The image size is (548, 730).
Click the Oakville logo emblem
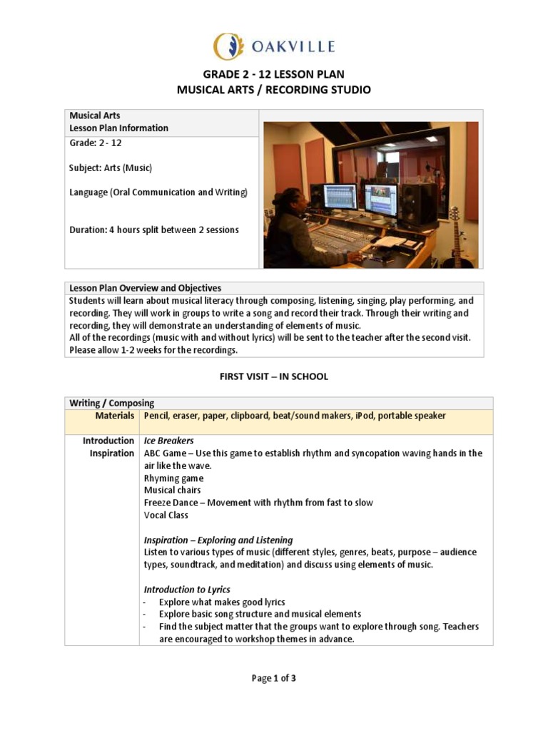click(x=229, y=46)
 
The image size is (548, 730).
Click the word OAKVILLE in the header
click(x=292, y=47)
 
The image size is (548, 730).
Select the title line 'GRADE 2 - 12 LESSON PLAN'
click(x=274, y=74)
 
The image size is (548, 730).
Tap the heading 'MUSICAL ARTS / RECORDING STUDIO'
click(x=274, y=89)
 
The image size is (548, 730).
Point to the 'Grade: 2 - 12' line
click(x=96, y=143)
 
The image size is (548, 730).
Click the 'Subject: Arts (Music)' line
click(x=111, y=168)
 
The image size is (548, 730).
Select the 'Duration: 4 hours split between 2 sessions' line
click(x=154, y=230)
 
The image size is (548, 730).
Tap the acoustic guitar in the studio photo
click(x=456, y=239)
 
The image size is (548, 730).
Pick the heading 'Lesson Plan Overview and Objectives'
click(x=146, y=288)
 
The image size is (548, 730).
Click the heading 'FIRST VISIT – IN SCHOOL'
click(x=274, y=376)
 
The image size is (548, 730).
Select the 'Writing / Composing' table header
click(x=111, y=403)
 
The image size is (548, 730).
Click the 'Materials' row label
click(x=115, y=416)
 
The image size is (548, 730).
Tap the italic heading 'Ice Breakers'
click(x=169, y=441)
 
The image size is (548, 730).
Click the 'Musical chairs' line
click(x=173, y=490)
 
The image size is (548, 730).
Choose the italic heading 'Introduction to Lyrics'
click(x=187, y=590)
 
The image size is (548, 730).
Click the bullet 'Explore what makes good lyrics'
click(x=222, y=602)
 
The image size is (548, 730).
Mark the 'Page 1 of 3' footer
click(x=274, y=679)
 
